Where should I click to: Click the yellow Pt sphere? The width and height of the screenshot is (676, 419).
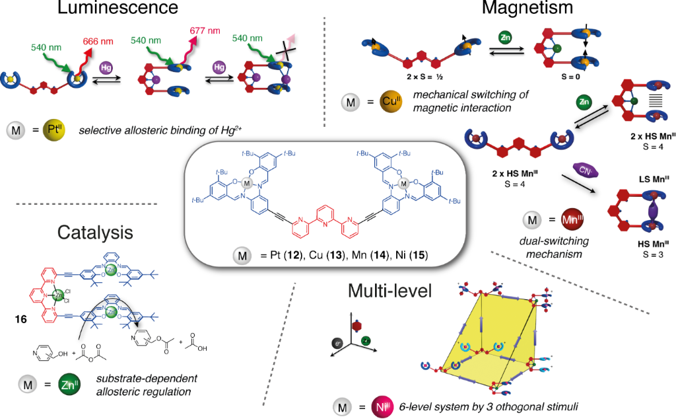click(53, 130)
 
